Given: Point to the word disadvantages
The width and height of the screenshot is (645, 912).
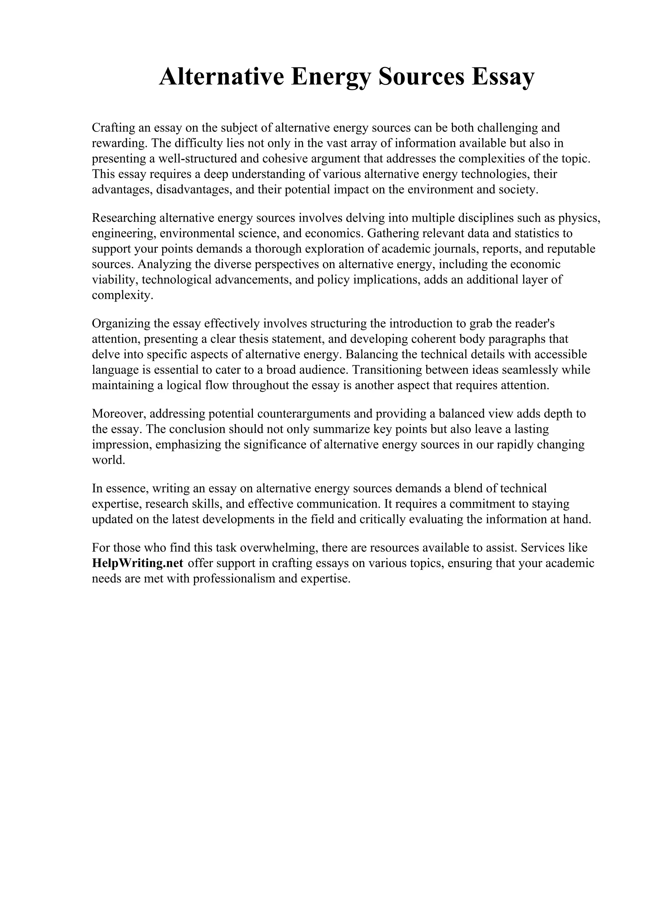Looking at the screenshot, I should (194, 189).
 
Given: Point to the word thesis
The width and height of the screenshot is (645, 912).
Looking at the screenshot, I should (252, 339).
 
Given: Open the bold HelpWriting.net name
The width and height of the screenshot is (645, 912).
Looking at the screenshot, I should (138, 563).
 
